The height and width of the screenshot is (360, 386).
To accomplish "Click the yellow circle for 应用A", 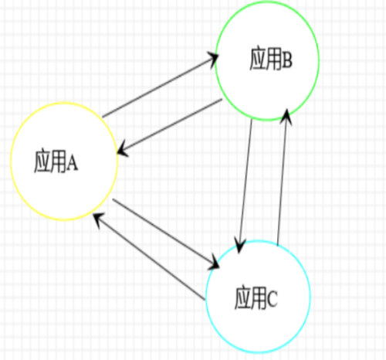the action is (11, 161).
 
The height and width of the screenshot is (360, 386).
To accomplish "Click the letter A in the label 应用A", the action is (73, 163).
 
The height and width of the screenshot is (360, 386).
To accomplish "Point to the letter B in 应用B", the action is (287, 61).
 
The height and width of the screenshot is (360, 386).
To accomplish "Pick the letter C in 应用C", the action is (273, 299).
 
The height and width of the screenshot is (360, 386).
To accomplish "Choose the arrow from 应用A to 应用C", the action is (166, 233).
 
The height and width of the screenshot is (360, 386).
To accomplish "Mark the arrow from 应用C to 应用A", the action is (149, 256).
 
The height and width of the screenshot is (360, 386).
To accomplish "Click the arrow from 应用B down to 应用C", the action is (245, 186).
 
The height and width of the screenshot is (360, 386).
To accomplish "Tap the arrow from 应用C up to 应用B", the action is (283, 177).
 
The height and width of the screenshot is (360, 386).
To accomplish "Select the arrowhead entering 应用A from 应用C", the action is (97, 219).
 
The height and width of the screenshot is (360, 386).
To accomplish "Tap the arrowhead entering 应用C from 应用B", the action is (239, 246).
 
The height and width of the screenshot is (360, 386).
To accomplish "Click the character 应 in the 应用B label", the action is (258, 59).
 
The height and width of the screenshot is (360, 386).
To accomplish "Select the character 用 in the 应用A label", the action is (59, 161).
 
